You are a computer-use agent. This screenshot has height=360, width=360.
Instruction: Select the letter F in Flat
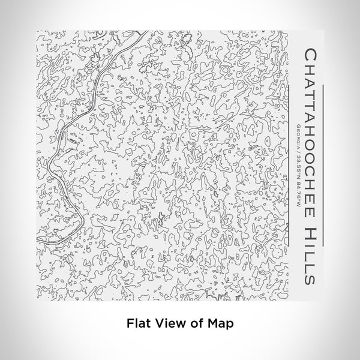point(130,322)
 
